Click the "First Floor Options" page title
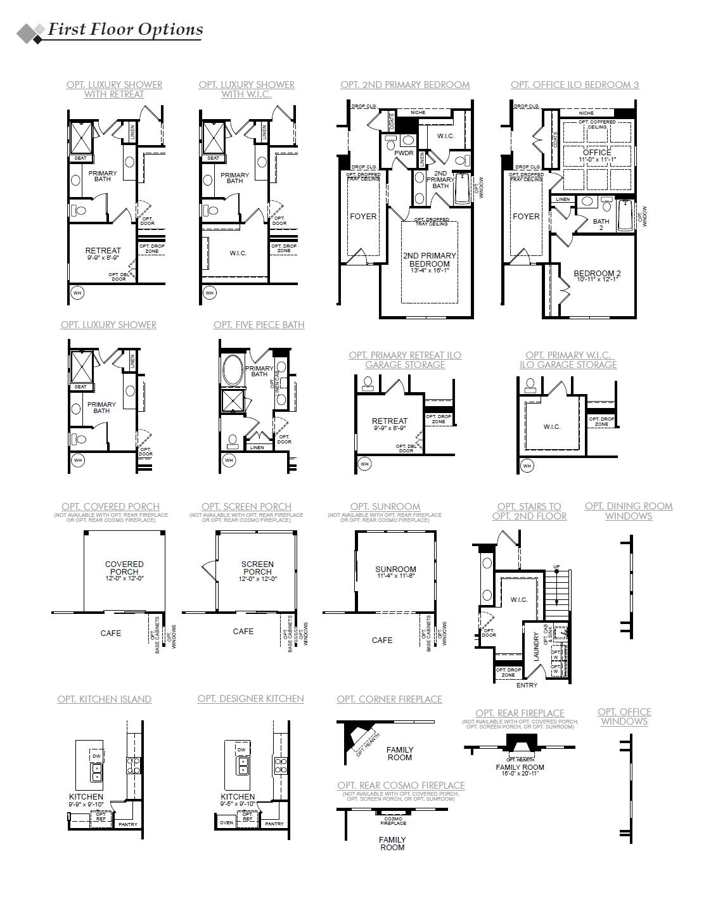[x=125, y=30]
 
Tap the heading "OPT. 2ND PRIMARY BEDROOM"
[x=405, y=85]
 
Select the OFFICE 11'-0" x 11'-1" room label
[x=597, y=155]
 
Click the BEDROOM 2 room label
[x=596, y=276]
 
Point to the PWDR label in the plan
[x=404, y=153]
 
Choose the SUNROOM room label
[x=395, y=572]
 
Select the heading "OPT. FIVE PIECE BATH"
[x=259, y=325]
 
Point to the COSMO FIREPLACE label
[x=393, y=820]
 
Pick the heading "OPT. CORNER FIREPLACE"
[x=389, y=699]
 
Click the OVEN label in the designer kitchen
[x=226, y=823]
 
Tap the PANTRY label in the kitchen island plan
[x=128, y=824]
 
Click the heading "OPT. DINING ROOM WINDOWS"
[x=628, y=511]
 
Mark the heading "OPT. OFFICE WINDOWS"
[x=624, y=717]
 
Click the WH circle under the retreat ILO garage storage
[x=364, y=464]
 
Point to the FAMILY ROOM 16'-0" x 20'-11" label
[x=520, y=770]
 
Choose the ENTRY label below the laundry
[x=527, y=685]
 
